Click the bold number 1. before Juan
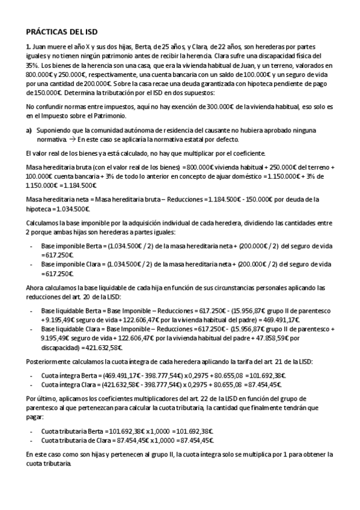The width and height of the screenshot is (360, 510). point(28,47)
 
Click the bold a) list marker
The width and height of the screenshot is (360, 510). point(28,130)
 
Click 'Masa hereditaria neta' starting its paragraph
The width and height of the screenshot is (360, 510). point(57,198)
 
